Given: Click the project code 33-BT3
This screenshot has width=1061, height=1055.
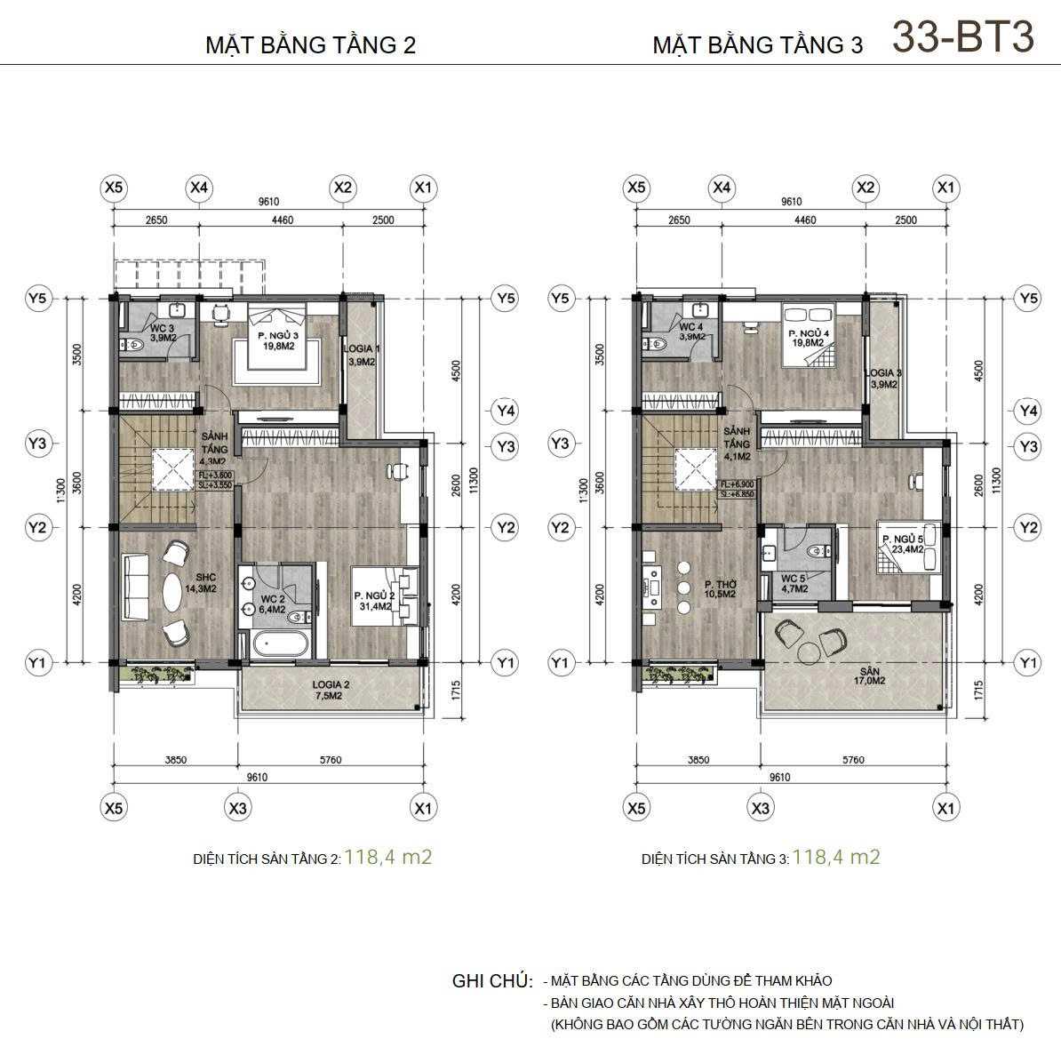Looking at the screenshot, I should click(x=963, y=37).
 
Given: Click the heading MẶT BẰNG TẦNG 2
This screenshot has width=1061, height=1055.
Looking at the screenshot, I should click(x=310, y=45).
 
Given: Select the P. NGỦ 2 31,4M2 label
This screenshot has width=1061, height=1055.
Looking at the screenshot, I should click(x=373, y=601).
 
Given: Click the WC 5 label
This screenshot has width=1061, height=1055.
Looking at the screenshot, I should click(x=794, y=583).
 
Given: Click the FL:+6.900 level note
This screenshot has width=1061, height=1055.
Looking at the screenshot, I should click(x=737, y=484).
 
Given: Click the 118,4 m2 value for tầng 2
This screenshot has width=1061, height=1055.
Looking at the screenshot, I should click(x=388, y=857).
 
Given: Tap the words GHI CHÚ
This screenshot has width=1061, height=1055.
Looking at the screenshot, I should click(x=492, y=982).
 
